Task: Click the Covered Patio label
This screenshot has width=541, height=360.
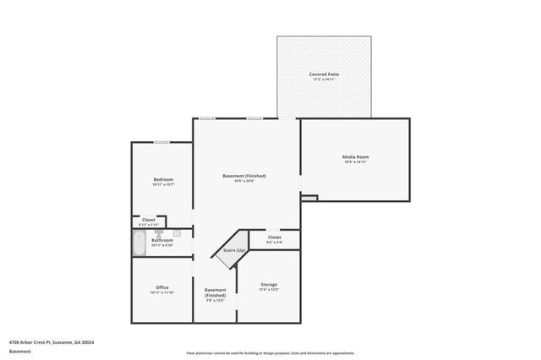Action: point(323,75)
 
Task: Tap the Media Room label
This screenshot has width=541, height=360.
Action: point(355,156)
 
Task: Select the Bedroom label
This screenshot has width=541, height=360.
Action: point(163,179)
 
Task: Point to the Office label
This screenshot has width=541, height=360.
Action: point(162,287)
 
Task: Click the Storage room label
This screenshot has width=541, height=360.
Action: point(268,284)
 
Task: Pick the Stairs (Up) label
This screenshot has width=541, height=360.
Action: point(234,251)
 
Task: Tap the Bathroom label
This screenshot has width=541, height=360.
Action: point(162,240)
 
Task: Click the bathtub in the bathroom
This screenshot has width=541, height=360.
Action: point(139,244)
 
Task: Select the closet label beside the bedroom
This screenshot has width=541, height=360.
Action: point(149,220)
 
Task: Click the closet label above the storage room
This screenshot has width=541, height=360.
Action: point(275,237)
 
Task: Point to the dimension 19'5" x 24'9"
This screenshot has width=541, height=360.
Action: point(245,181)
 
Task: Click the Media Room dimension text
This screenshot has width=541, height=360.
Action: point(355,162)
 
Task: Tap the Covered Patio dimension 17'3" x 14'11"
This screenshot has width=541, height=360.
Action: point(323,81)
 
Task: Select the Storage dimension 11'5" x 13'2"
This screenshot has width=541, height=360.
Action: point(268,290)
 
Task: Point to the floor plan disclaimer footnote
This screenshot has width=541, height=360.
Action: point(270,352)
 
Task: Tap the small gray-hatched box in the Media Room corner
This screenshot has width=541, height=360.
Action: point(309,199)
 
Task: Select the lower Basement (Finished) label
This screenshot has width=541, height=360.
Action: point(216,292)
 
